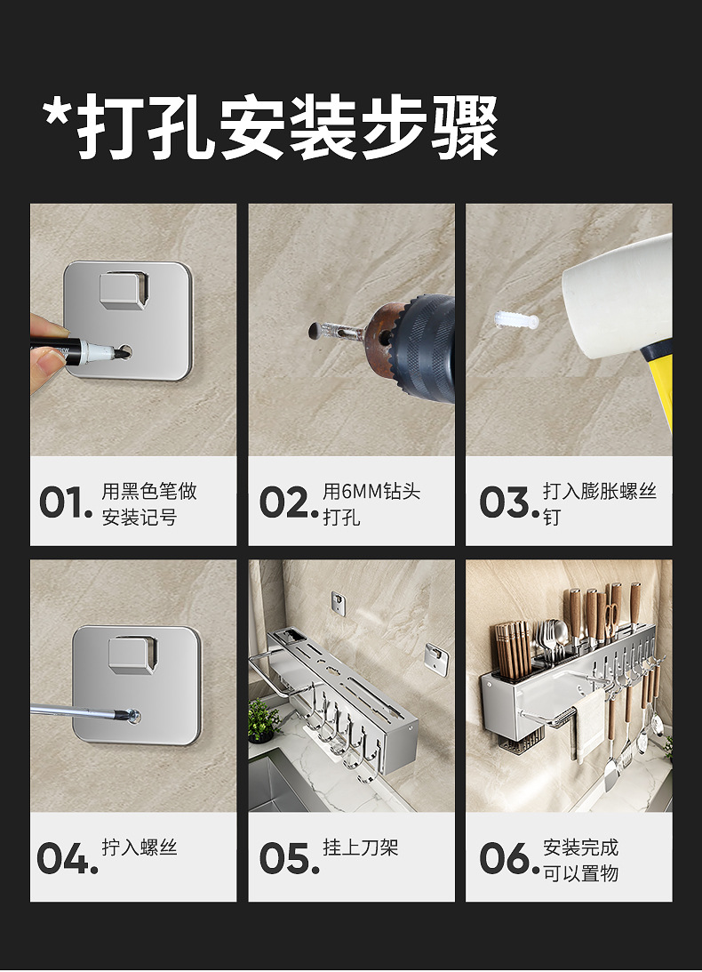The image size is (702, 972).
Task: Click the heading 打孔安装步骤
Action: [x=270, y=129]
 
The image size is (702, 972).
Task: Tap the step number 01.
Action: [x=65, y=502]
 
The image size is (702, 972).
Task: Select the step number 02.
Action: [x=287, y=502]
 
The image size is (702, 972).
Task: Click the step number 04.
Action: [x=66, y=858]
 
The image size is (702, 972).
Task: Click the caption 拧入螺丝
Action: [x=140, y=847]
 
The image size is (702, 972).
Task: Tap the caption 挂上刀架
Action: [x=360, y=847]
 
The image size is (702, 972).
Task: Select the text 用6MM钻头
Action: [x=371, y=492]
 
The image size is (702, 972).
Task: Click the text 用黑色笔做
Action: [x=149, y=492]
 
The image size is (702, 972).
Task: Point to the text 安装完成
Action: [x=580, y=847]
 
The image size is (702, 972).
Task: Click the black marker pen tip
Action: [x=118, y=352]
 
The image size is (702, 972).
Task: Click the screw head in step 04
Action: [x=132, y=713]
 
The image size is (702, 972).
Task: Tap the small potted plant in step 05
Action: [x=263, y=719]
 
